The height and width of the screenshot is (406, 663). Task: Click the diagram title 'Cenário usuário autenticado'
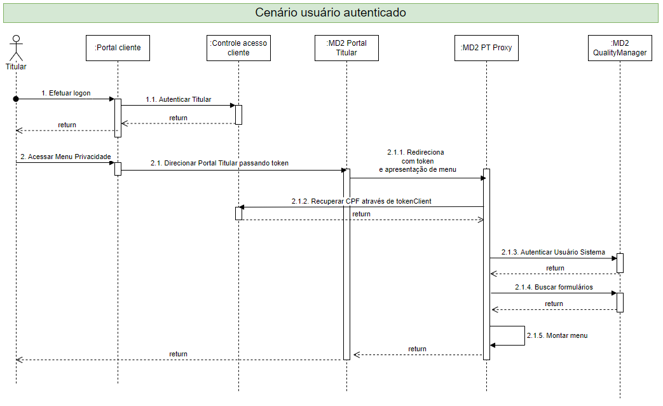(331, 13)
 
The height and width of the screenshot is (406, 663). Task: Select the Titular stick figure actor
(15, 48)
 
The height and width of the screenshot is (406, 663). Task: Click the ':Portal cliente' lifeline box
(118, 48)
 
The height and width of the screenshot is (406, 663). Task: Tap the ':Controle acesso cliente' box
(238, 48)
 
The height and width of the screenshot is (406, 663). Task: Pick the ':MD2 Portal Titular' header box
(346, 48)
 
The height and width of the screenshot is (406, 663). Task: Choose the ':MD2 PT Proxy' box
(486, 48)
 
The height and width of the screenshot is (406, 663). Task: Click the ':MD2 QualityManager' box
(620, 48)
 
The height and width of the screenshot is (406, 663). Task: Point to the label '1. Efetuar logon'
(65, 93)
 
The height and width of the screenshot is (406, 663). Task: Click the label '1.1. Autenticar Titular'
(178, 99)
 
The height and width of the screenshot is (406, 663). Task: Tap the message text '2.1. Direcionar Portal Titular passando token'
(219, 163)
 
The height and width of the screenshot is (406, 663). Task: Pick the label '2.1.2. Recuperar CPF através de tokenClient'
(361, 201)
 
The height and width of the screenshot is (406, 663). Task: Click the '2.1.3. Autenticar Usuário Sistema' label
(553, 252)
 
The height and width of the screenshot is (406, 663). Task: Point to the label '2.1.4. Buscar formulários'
(554, 287)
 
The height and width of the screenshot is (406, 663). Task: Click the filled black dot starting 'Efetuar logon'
(16, 99)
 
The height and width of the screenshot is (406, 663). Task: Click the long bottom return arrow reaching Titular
(178, 360)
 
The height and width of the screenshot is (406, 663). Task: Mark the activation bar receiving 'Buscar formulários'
(620, 302)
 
